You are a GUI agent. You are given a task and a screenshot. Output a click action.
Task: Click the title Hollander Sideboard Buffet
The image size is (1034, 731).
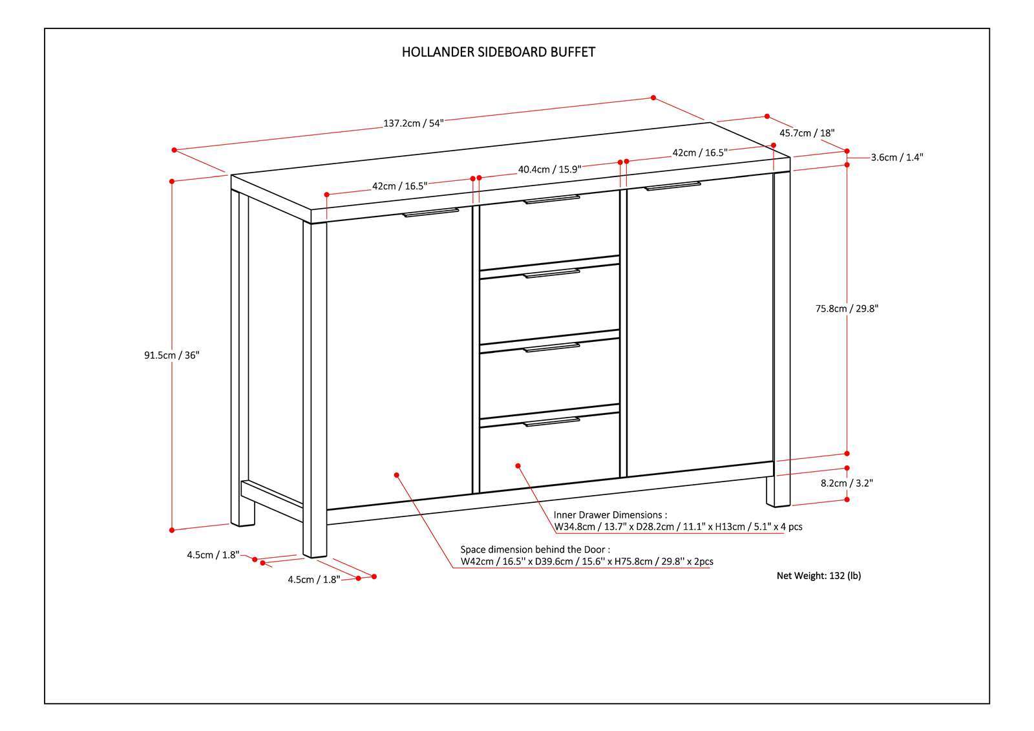498,52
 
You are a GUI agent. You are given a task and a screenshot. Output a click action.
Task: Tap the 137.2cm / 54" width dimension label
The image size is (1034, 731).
414,123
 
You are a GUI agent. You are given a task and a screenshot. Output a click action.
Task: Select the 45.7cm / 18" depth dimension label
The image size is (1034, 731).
807,133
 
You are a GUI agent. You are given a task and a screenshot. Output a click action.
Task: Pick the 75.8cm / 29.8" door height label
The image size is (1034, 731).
846,309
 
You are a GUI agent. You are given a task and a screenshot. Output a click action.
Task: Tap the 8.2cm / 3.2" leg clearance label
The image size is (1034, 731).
847,483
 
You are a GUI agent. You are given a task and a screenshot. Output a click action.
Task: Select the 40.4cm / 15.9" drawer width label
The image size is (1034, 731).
549,169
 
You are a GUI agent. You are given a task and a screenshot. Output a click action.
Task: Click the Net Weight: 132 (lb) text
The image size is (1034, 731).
819,575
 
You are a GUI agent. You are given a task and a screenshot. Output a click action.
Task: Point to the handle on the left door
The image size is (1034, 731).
430,212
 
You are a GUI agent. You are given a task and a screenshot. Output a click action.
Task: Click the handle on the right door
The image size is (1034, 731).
673,186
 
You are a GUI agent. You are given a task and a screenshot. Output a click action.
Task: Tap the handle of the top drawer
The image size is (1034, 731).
551,199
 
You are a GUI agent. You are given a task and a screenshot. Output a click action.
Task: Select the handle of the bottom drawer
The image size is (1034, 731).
551,422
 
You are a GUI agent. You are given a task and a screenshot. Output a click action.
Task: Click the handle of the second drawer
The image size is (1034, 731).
551,273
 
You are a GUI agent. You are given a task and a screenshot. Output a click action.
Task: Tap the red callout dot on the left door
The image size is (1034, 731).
397,474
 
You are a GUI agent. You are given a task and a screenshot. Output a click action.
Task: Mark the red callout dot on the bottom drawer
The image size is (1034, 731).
518,465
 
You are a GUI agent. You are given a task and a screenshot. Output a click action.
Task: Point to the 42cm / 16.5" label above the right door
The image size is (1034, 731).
700,153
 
